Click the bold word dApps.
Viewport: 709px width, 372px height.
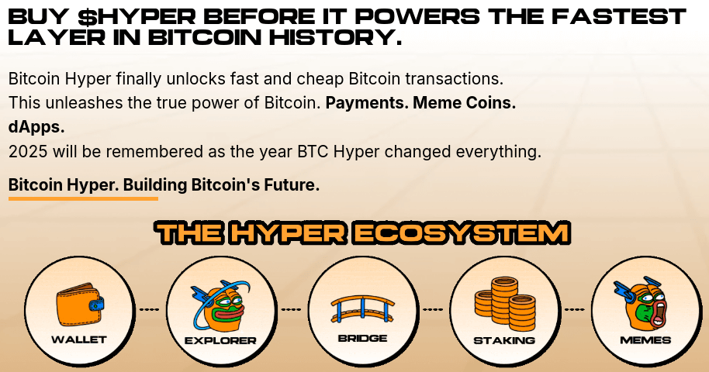pyautogui.click(x=36, y=126)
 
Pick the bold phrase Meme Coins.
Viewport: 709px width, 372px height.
pyautogui.click(x=464, y=103)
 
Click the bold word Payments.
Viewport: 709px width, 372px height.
pyautogui.click(x=366, y=103)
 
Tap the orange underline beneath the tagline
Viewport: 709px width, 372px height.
pyautogui.click(x=83, y=198)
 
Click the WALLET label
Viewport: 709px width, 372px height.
pyautogui.click(x=79, y=339)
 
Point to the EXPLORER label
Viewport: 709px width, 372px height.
pyautogui.click(x=220, y=340)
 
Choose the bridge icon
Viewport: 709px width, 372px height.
pyautogui.click(x=362, y=306)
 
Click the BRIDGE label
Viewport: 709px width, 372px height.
pyautogui.click(x=362, y=339)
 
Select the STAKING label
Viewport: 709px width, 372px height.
pyautogui.click(x=504, y=339)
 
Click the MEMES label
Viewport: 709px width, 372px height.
pyautogui.click(x=645, y=339)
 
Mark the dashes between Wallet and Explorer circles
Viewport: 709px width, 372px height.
pyautogui.click(x=149, y=310)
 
